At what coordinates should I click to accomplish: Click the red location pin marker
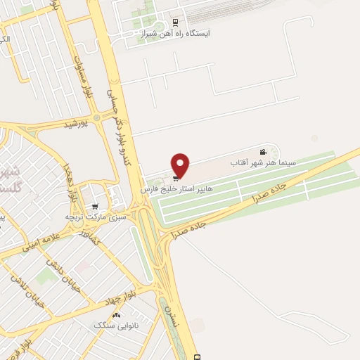pyautogui.click(x=181, y=165)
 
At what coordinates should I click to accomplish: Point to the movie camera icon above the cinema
pyautogui.click(x=262, y=153)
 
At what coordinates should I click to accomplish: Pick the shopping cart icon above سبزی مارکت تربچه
pyautogui.click(x=112, y=205)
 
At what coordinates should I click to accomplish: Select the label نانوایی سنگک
pyautogui.click(x=117, y=326)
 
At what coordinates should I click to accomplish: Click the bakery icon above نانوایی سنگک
pyautogui.click(x=117, y=315)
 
